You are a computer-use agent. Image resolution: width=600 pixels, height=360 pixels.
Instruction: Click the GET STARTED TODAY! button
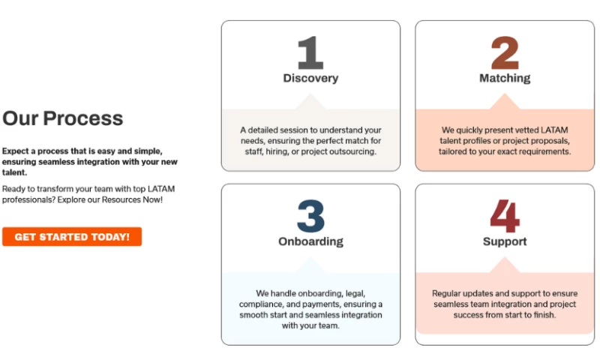click(72, 237)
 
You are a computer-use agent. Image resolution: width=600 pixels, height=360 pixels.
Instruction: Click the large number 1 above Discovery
click(310, 52)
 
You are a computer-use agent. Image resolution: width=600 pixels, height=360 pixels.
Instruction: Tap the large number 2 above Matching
click(505, 52)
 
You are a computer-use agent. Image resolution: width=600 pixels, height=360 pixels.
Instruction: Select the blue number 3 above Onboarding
click(310, 216)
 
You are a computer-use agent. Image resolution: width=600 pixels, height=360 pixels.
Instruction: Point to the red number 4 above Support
click(505, 216)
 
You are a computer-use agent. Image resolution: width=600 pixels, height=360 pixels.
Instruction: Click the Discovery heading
click(310, 78)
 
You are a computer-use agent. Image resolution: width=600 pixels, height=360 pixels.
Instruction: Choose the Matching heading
click(505, 78)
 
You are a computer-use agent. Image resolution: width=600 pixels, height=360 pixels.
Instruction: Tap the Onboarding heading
click(310, 241)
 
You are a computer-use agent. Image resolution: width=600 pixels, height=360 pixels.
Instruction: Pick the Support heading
click(505, 241)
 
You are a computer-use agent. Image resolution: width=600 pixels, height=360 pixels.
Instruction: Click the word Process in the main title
click(83, 118)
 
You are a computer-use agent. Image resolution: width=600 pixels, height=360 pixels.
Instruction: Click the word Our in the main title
click(20, 118)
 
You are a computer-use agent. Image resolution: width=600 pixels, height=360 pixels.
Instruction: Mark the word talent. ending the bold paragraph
click(14, 172)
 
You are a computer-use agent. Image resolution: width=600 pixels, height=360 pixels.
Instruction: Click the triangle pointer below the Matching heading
click(504, 103)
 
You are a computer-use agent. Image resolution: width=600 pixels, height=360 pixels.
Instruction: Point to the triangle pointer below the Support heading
click(504, 265)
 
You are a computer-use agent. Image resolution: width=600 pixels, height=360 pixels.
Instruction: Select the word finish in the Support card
click(545, 315)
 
